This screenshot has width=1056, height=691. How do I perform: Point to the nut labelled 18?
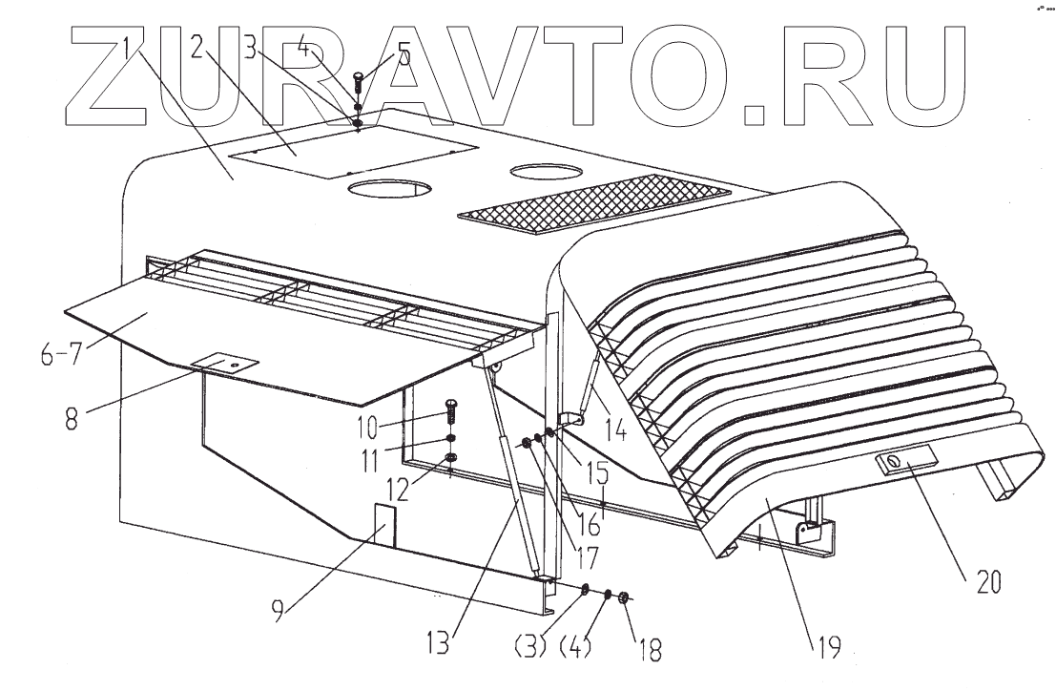click(624, 599)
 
